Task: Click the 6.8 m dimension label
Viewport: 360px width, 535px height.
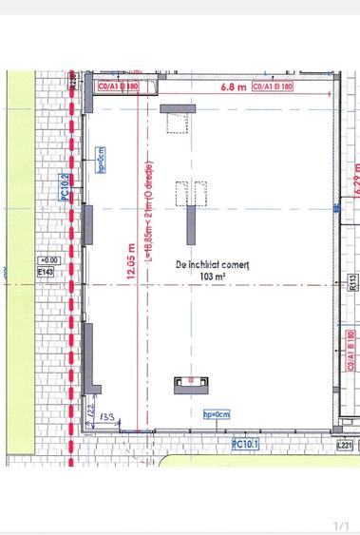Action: (x=233, y=86)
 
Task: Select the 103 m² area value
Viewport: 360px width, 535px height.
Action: (x=212, y=276)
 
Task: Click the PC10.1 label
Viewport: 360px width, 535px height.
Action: (x=247, y=443)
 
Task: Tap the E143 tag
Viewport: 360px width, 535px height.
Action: (x=47, y=272)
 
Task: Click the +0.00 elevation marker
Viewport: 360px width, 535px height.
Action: (x=47, y=259)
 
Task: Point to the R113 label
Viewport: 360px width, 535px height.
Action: (x=351, y=281)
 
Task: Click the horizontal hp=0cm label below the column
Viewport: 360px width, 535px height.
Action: (x=218, y=414)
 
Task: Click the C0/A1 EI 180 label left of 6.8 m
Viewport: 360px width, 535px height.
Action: (x=117, y=86)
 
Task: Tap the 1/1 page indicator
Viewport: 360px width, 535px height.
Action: (x=342, y=525)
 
